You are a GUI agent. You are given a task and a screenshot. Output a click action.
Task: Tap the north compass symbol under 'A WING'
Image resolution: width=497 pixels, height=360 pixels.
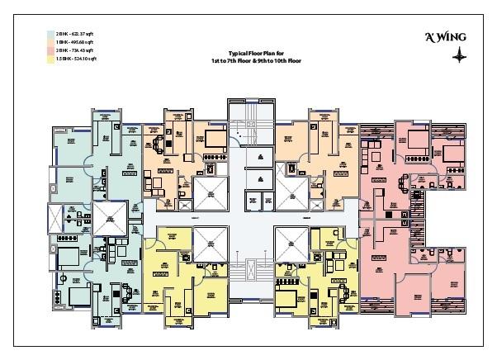point(457,55)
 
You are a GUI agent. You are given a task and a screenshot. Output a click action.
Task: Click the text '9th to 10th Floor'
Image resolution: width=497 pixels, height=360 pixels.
point(277,59)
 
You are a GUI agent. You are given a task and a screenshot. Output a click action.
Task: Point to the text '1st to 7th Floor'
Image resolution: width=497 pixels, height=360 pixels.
point(224,59)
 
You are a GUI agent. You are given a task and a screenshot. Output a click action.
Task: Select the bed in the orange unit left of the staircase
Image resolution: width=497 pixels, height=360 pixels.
point(215,136)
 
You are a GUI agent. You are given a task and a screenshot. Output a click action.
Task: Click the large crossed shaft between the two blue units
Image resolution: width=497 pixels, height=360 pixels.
point(109,219)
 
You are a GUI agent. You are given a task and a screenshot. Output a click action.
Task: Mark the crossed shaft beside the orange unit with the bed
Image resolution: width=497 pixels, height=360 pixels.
point(205,192)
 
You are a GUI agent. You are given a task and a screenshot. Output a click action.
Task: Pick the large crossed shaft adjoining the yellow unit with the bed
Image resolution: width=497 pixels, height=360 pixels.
point(291,243)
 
